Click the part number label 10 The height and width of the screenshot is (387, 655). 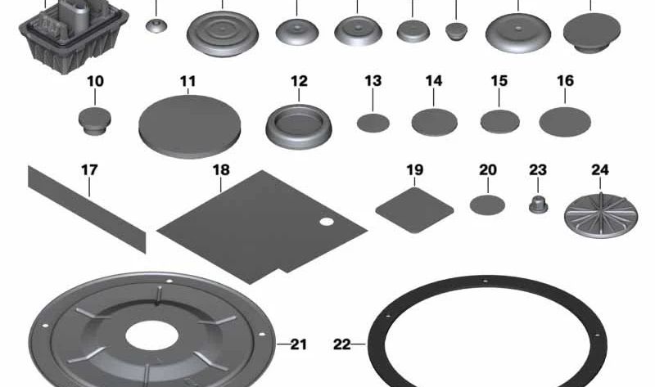pyautogui.click(x=95, y=81)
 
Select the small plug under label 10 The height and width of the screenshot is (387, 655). pyautogui.click(x=95, y=120)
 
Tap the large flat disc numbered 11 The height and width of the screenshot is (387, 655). pyautogui.click(x=190, y=127)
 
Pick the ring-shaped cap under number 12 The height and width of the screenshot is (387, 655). pyautogui.click(x=299, y=127)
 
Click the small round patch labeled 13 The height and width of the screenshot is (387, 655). pyautogui.click(x=373, y=124)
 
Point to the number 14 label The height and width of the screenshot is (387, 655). pyautogui.click(x=434, y=80)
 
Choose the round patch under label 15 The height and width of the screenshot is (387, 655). pyautogui.click(x=499, y=121)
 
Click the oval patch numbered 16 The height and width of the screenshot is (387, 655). pyautogui.click(x=565, y=121)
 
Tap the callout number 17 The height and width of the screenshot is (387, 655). pyautogui.click(x=89, y=170)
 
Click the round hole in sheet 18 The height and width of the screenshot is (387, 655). pyautogui.click(x=327, y=222)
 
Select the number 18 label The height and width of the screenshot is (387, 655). pyautogui.click(x=221, y=170)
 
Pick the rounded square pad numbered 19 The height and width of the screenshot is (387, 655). pyautogui.click(x=414, y=210)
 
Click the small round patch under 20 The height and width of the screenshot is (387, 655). pyautogui.click(x=487, y=205)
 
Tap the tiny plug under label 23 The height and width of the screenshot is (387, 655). pyautogui.click(x=538, y=204)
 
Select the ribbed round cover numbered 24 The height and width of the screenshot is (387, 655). pyautogui.click(x=601, y=215)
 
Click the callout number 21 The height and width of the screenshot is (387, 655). pyautogui.click(x=298, y=344)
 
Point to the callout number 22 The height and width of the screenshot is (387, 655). pyautogui.click(x=341, y=344)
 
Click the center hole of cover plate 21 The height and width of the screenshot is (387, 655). pyautogui.click(x=151, y=336)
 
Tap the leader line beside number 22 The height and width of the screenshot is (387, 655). pyautogui.click(x=359, y=344)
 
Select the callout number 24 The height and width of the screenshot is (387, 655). pyautogui.click(x=600, y=170)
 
